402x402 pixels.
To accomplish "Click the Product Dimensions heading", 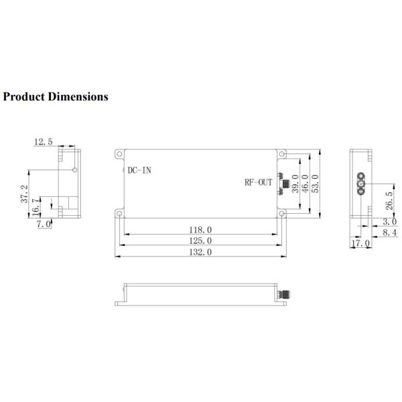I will (55, 96).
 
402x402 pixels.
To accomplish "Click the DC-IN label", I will (139, 170).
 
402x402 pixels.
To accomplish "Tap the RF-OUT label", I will (259, 182).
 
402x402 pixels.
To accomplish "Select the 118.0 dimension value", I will (200, 230).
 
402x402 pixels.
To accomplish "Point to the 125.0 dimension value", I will (200, 241).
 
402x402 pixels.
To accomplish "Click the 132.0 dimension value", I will (200, 252).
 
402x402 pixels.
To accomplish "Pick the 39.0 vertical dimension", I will (295, 182).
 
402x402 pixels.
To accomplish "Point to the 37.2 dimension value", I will (25, 194).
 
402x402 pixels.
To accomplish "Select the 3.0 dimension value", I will (389, 221).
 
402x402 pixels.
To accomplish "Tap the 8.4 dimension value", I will (389, 232).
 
